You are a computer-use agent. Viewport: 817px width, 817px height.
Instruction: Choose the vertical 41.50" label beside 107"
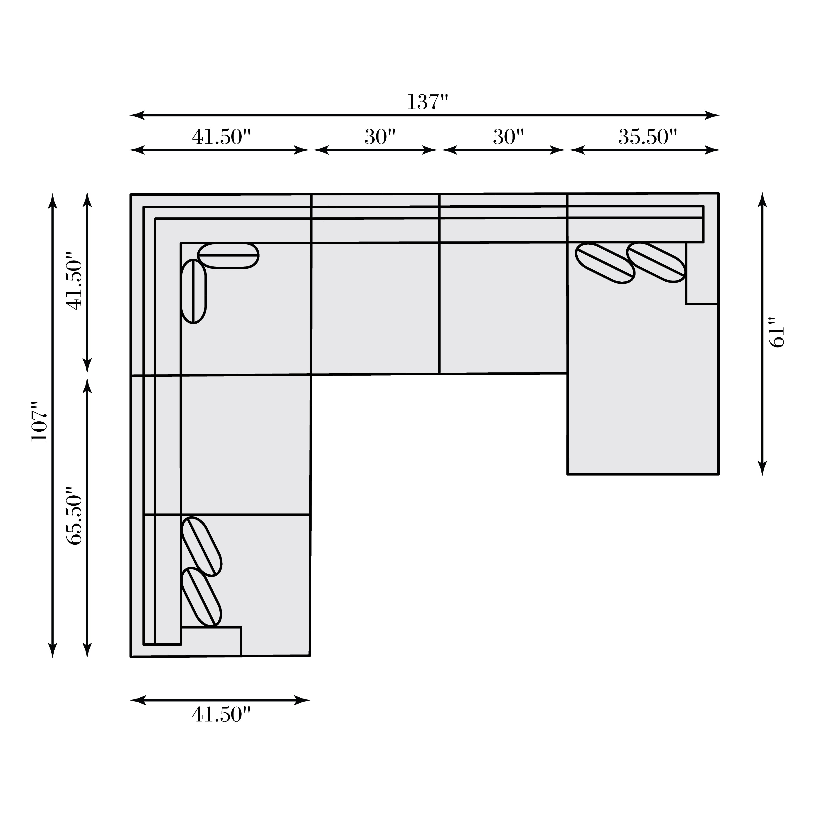tap(75, 281)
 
